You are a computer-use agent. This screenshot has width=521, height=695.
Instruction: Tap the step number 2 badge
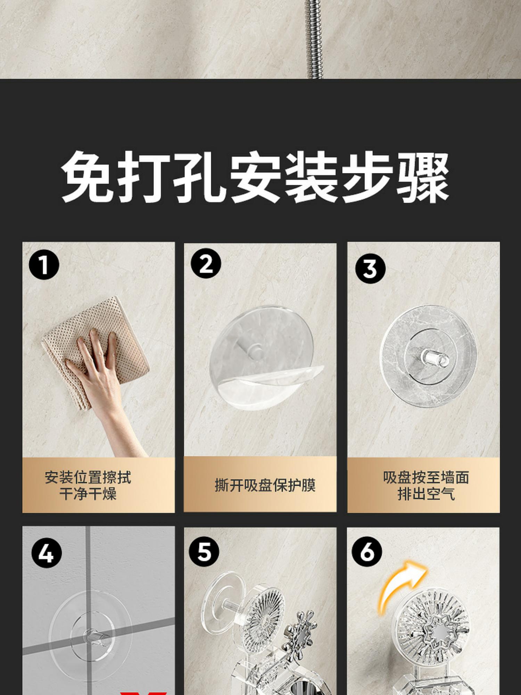(x=206, y=263)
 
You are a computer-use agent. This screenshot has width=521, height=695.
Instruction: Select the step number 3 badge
(x=370, y=268)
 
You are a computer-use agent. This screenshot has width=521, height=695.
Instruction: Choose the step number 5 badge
(x=204, y=551)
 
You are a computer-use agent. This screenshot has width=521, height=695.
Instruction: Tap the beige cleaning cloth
(x=96, y=351)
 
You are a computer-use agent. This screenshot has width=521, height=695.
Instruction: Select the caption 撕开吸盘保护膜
(x=265, y=485)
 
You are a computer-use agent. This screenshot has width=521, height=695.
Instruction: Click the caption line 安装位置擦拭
(x=88, y=477)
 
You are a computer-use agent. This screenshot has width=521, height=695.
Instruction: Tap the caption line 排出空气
(x=426, y=493)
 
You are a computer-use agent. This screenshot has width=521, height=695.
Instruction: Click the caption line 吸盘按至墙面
(x=426, y=477)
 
